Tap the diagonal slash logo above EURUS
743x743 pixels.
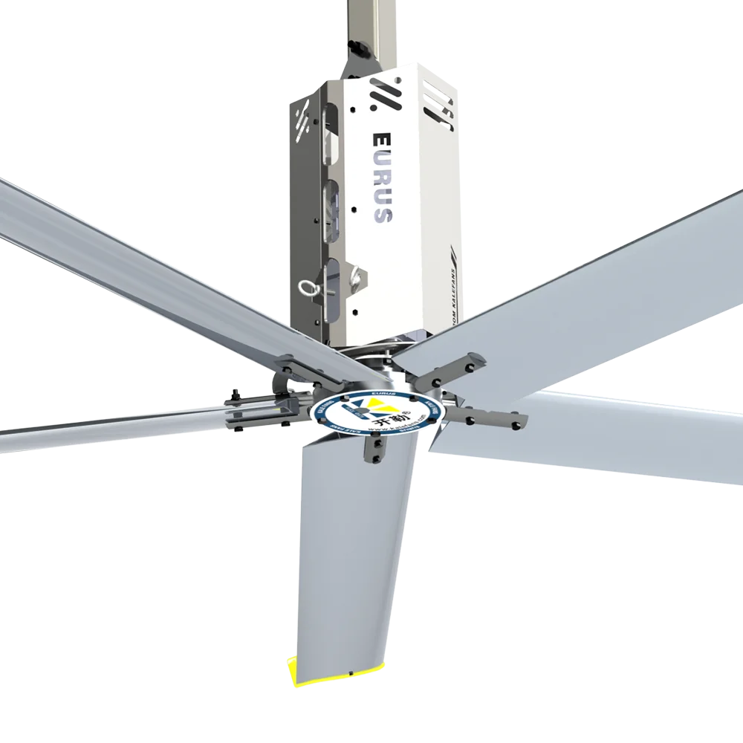point(385,97)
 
